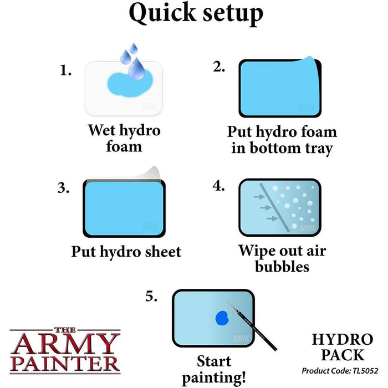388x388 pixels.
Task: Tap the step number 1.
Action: click(x=65, y=70)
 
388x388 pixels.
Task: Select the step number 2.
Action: click(x=219, y=67)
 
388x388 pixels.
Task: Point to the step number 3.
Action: click(x=63, y=188)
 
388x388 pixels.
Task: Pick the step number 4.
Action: click(x=219, y=186)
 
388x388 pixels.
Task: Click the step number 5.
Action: click(x=151, y=296)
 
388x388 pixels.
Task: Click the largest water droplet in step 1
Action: click(x=136, y=69)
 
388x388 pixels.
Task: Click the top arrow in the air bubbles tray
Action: click(x=259, y=197)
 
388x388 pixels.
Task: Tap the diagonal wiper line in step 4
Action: click(x=274, y=208)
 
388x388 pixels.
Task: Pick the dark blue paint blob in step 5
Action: click(x=222, y=318)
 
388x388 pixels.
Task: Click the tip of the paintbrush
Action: click(x=228, y=302)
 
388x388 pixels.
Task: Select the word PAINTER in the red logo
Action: click(x=65, y=363)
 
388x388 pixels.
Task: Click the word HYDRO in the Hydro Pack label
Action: click(x=343, y=339)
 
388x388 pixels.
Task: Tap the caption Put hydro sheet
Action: click(x=126, y=252)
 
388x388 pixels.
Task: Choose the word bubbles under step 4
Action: click(x=282, y=267)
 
